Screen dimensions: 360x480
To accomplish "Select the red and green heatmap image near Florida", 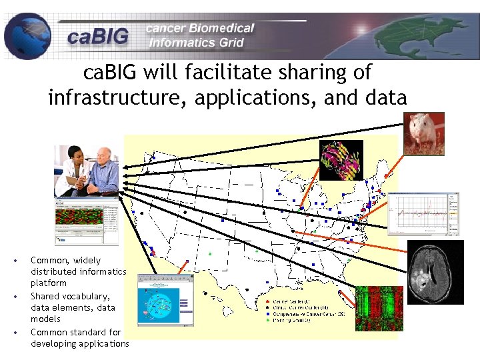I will point(379,308).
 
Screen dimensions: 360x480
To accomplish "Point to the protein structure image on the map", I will point(341,160).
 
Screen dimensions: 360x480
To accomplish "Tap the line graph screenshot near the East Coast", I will point(423,213).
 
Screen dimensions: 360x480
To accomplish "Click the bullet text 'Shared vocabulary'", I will point(69,296).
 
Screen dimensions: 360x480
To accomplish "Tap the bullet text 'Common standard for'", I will point(75,332).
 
